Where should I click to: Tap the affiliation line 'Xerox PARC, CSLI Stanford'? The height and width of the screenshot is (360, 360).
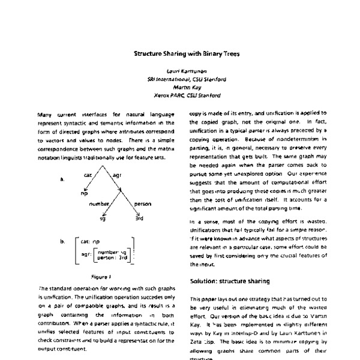pos(187,95)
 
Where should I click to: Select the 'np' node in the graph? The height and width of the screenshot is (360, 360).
pos(85,194)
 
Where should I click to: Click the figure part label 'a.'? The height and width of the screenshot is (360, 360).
pos(62,178)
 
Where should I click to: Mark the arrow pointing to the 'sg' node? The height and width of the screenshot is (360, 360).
pos(104,213)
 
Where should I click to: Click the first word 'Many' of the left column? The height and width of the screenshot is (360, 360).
pos(45,114)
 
